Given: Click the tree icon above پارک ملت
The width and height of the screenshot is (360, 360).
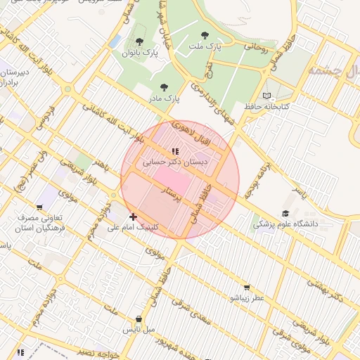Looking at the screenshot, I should pos(205,34).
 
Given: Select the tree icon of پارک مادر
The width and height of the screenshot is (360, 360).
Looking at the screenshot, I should pos(164,88).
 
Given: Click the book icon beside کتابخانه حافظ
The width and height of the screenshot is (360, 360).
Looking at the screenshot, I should pos(266,96).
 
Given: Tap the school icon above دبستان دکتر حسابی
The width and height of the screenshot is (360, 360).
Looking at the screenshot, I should pos(174,151).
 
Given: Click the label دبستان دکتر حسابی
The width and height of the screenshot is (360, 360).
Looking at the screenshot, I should pos(166,162).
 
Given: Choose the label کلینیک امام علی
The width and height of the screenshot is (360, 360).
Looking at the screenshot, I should pos(133,228).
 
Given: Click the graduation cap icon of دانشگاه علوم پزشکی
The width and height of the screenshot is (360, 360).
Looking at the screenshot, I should pos(285,213).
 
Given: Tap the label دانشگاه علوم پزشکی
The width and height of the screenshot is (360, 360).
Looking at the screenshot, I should pos(285,224).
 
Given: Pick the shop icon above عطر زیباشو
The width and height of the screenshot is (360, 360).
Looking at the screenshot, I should pos(246,287).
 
